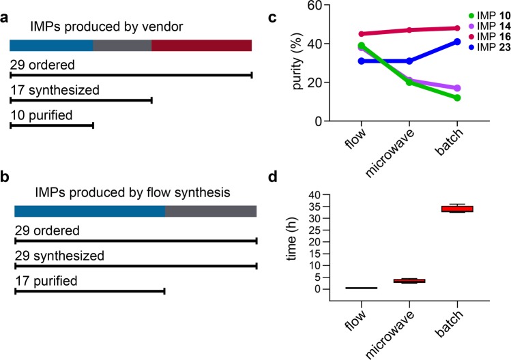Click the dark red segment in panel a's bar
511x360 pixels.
point(201,45)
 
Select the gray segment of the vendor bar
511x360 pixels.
point(122,45)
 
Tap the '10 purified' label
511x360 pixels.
point(42,115)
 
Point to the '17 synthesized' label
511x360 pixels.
point(55,90)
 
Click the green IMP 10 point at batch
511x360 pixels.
point(456,97)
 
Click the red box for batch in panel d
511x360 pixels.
point(457,209)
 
